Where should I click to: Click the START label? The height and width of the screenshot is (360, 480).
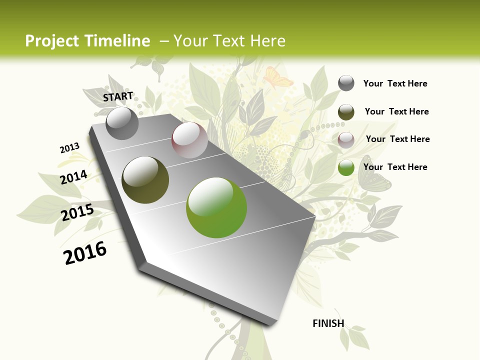(118, 96)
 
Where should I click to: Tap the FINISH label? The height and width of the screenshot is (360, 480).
(328, 323)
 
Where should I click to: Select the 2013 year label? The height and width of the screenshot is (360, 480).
(69, 148)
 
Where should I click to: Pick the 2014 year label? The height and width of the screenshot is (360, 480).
(74, 177)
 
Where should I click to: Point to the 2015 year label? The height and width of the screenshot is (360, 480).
(77, 212)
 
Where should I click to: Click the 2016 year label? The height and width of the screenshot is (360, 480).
(85, 253)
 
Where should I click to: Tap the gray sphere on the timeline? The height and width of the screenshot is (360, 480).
(122, 123)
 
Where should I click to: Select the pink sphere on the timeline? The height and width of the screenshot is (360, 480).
(189, 140)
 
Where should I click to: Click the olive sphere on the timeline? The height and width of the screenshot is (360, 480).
(145, 179)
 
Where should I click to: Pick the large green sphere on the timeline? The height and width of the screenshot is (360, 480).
(216, 207)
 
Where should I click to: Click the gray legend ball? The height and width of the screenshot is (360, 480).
(346, 83)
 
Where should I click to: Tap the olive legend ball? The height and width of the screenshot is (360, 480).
(346, 112)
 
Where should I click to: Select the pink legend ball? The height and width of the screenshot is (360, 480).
(346, 140)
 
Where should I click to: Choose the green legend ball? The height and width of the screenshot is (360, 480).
(346, 168)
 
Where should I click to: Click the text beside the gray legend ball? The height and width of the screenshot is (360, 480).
(395, 83)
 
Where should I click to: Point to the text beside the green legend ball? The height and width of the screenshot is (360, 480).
(395, 167)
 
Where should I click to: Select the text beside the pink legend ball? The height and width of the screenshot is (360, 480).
(397, 139)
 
